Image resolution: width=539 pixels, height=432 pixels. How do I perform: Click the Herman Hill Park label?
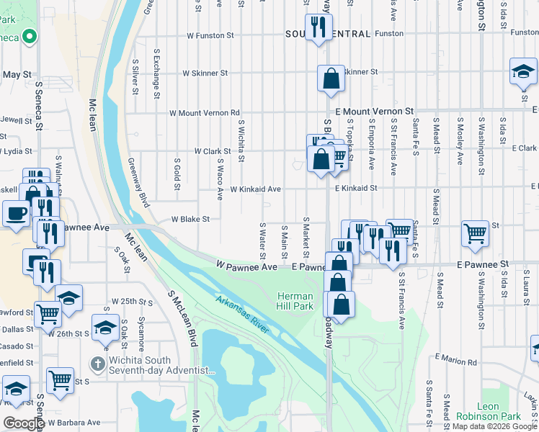[x=295, y=301]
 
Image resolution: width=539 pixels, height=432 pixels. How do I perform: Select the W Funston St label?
[x=210, y=35]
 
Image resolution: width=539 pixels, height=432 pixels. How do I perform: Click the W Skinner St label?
[x=205, y=73]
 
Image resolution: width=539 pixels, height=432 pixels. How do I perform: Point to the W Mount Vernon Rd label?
[x=204, y=113]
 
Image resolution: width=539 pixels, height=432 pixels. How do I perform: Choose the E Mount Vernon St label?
[x=374, y=112]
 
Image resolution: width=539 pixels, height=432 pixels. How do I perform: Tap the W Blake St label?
[x=190, y=219]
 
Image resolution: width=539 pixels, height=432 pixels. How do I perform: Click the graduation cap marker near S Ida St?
[x=523, y=72]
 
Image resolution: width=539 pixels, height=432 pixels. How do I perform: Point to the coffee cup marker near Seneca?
[x=16, y=214]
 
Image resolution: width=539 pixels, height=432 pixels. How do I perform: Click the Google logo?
[x=23, y=424]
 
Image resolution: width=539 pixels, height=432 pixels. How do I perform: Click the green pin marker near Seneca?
[x=29, y=36]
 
